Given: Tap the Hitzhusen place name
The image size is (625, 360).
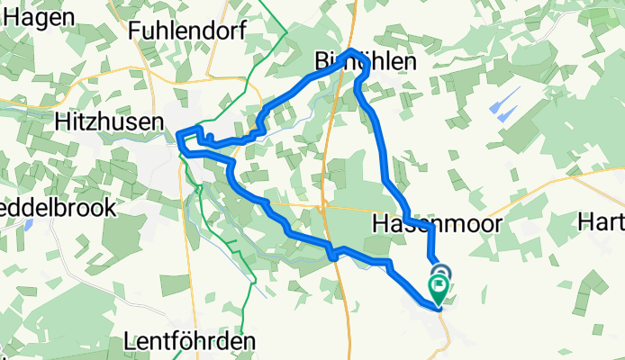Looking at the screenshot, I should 107,121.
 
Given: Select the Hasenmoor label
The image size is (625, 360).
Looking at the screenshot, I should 423,222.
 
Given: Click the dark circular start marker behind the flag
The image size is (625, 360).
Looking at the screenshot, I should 441,272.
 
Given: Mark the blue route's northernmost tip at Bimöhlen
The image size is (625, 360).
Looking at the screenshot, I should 352,51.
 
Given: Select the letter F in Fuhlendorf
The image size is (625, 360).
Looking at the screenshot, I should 135,30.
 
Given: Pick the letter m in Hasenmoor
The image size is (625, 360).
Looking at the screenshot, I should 440,222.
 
